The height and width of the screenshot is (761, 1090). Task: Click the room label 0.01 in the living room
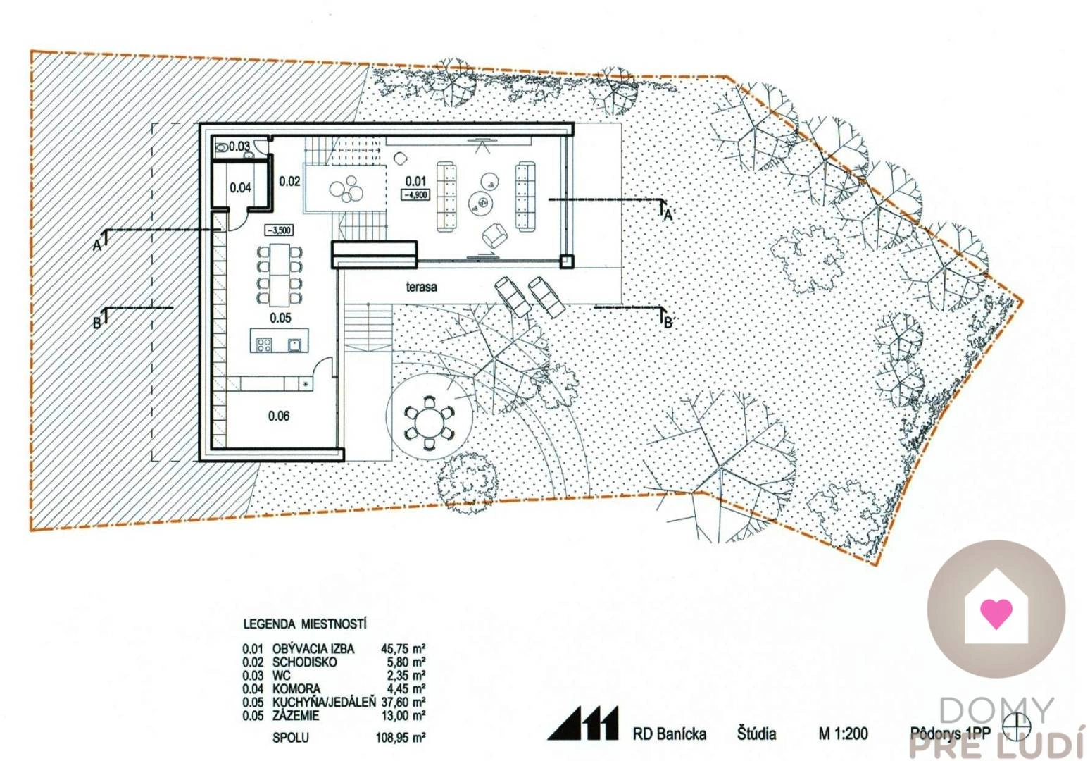click(x=415, y=181)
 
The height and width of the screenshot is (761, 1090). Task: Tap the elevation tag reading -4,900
click(x=415, y=194)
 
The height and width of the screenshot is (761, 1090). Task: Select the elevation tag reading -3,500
click(x=279, y=230)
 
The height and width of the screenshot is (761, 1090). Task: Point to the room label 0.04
click(x=240, y=187)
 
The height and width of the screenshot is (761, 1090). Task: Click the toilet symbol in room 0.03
click(x=222, y=147)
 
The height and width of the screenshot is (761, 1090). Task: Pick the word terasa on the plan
click(x=421, y=287)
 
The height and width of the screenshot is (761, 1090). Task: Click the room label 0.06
click(x=279, y=416)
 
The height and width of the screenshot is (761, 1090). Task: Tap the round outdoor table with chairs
click(x=428, y=423)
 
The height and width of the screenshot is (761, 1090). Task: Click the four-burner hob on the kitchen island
click(x=265, y=345)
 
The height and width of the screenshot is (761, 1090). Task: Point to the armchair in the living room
click(x=494, y=235)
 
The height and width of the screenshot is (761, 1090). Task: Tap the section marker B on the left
click(x=98, y=323)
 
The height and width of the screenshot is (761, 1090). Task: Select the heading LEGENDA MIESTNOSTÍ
click(x=305, y=624)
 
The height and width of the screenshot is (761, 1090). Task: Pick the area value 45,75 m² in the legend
click(x=403, y=648)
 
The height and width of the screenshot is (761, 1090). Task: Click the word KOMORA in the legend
click(x=296, y=688)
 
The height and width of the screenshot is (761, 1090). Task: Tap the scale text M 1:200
click(x=843, y=734)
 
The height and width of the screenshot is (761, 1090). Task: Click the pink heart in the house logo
click(x=996, y=613)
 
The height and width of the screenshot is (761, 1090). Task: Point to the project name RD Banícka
click(x=669, y=734)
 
